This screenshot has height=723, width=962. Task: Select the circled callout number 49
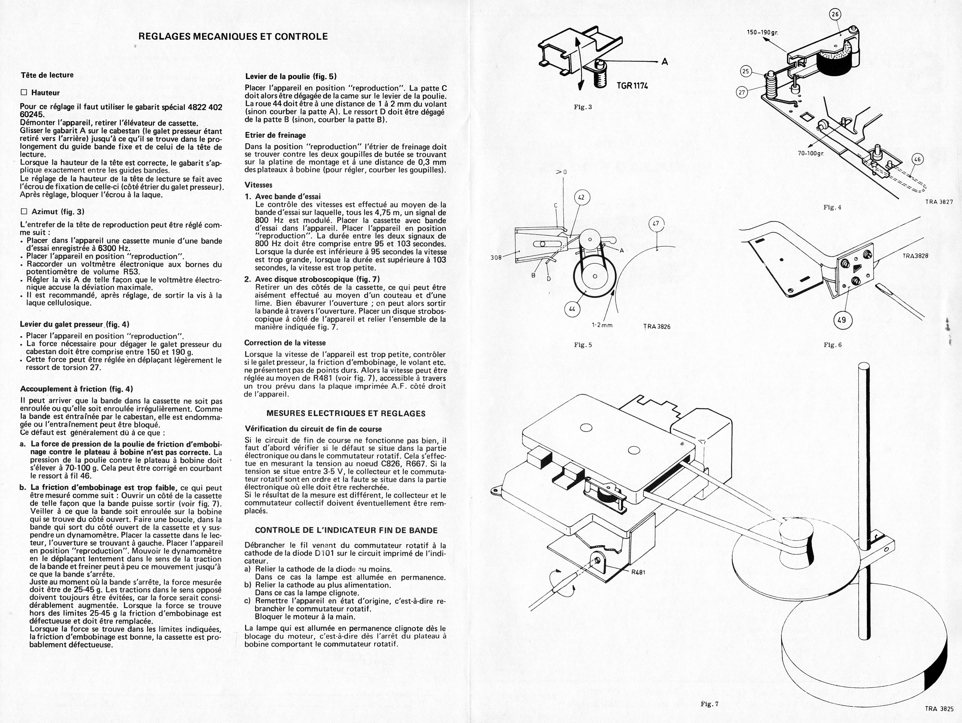tap(841, 320)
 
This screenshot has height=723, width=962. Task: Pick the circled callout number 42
tap(582, 198)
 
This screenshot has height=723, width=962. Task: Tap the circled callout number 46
tap(917, 160)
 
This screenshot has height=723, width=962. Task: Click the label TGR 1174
tap(632, 86)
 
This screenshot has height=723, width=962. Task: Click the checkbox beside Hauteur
tap(24, 93)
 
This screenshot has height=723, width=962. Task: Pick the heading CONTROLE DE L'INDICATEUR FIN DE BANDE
tap(346, 530)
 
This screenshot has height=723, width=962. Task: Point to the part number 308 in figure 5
tap(496, 257)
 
